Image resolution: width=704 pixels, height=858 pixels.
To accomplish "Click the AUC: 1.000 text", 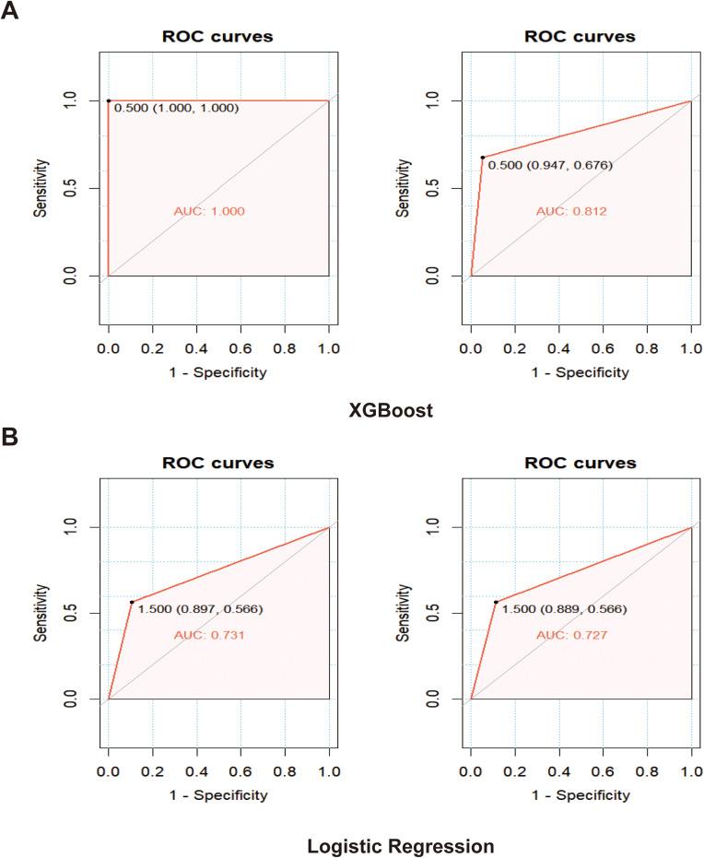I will tap(208, 211).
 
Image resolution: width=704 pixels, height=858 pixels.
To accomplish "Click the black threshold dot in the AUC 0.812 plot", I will tap(483, 158).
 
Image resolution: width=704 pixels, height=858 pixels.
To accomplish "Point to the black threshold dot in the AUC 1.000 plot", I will tap(109, 100).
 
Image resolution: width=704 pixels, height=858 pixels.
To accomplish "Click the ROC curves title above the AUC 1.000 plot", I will tap(217, 38).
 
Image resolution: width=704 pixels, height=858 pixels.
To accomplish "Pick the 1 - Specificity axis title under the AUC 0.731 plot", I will tap(217, 794).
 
